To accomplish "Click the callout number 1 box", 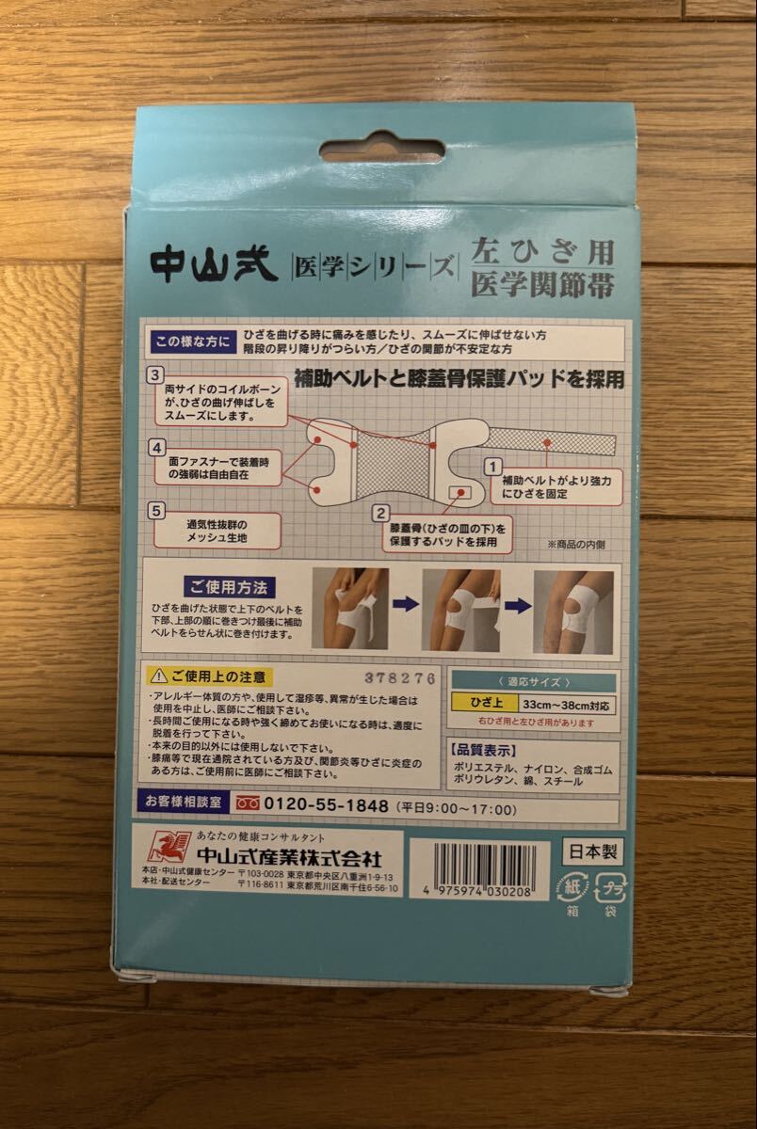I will [x=491, y=465].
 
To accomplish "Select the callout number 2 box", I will [x=380, y=514].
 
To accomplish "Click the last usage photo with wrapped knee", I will [x=572, y=608].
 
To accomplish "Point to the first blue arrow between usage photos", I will [x=406, y=604].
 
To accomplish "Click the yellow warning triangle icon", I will [x=155, y=676].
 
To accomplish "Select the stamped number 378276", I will [x=400, y=678].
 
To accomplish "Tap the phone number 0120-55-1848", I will [x=327, y=807].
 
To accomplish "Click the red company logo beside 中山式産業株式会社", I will [x=169, y=847].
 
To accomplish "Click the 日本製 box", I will [x=591, y=851].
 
